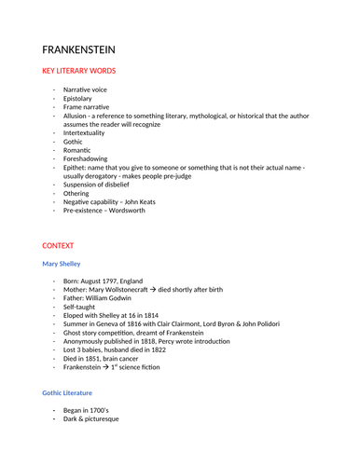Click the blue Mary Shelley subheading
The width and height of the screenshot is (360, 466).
tap(62, 264)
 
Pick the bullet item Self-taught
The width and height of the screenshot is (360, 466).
tap(80, 309)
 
